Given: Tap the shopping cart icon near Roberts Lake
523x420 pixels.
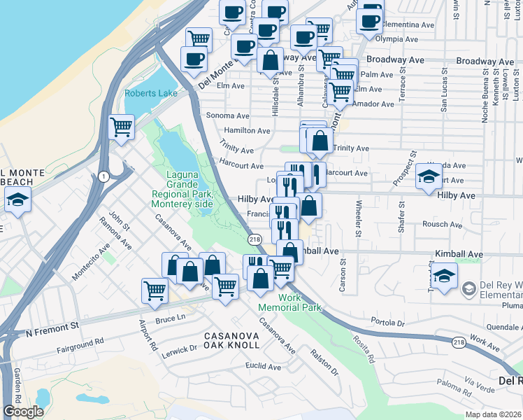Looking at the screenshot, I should pos(122,128).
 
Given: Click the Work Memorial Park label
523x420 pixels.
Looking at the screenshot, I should pos(289,302).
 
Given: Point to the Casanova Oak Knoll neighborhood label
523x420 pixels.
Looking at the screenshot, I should pos(231,341).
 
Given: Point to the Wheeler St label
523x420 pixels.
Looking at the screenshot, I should pos(359,218).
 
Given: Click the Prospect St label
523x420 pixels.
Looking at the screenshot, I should pos(404,168).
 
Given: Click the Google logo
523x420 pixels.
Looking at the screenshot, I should pos(23,412).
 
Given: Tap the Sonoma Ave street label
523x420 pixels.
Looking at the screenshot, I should pos(227,115).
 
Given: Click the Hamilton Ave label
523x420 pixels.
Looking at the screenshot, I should pos(247,131).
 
